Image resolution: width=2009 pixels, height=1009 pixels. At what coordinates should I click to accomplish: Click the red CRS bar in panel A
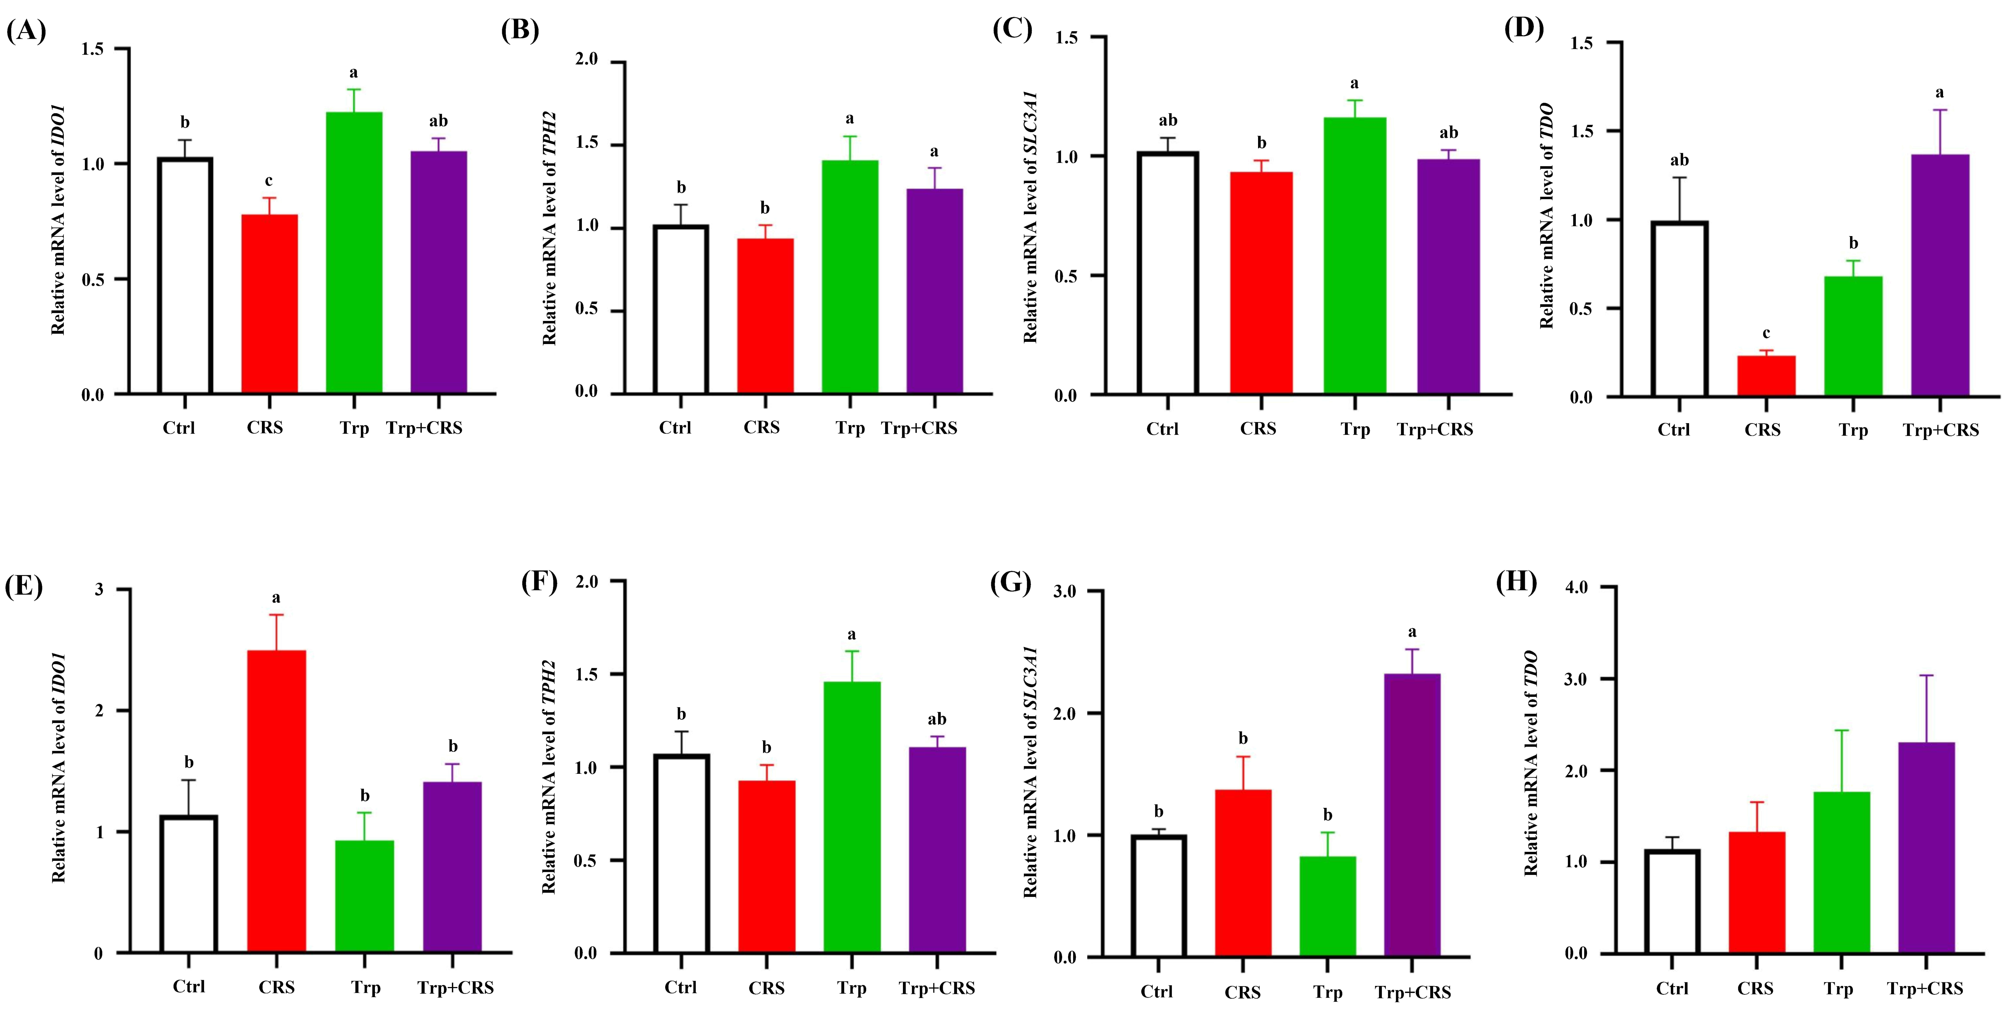pos(269,304)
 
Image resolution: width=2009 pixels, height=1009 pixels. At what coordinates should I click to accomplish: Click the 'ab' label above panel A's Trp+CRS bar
pos(438,121)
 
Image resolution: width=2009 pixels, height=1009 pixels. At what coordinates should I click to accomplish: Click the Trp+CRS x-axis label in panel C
pos(1435,430)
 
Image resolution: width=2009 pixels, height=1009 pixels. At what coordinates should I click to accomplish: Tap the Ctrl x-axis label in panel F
pos(680,987)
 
